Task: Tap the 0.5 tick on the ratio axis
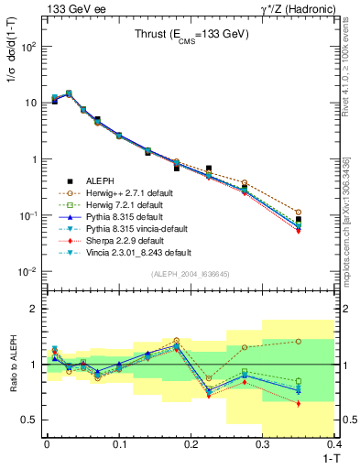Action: point(32,420)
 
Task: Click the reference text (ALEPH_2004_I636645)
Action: point(190,274)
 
